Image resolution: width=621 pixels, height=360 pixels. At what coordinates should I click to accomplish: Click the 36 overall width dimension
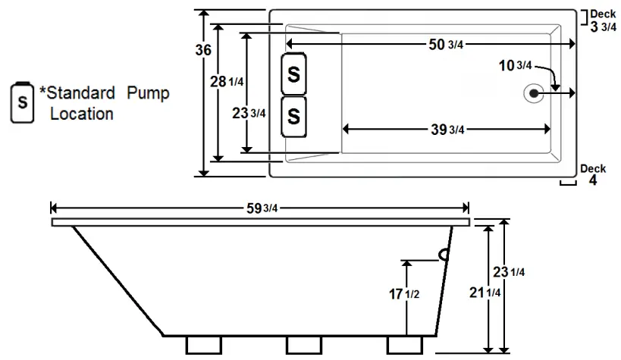tap(202, 50)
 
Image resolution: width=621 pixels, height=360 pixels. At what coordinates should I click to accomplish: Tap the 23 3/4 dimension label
tap(249, 113)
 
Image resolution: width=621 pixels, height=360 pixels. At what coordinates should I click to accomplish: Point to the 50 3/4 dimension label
tap(446, 45)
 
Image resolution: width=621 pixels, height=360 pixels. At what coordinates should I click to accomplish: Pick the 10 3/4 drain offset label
tap(514, 66)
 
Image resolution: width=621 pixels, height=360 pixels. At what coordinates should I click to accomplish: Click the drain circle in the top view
tap(534, 92)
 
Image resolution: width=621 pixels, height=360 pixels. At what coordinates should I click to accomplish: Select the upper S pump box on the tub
tap(294, 74)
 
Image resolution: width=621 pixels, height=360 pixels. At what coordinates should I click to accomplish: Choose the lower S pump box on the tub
tap(294, 117)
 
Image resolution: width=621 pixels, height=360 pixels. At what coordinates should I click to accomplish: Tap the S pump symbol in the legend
tap(23, 102)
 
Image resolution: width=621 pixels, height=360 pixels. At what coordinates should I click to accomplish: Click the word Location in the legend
tap(82, 114)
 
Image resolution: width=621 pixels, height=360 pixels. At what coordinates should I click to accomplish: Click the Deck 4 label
tap(593, 175)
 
